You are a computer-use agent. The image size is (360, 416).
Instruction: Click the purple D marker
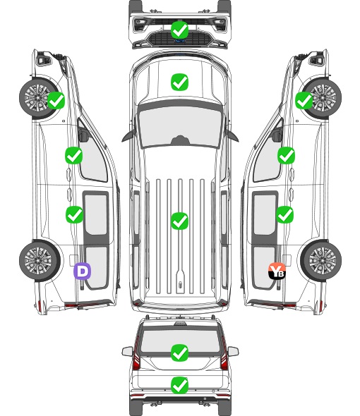pos(83,271)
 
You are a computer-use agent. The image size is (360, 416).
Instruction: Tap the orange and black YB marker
pos(277,271)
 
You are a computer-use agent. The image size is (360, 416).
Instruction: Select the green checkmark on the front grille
pos(179,30)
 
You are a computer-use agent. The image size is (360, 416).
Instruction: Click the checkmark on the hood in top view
pos(179,82)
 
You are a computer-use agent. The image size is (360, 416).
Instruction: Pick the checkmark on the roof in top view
pos(179,221)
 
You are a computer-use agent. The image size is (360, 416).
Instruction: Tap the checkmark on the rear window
pos(179,353)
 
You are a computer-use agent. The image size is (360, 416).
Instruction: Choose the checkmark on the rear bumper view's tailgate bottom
pos(179,385)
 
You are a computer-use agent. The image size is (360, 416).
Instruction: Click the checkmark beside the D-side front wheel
pos(56,100)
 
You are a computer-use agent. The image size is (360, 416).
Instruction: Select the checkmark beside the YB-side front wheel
pos(304,100)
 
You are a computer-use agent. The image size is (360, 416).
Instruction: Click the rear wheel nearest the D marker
pos(40,261)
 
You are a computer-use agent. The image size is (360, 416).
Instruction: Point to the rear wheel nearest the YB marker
pos(321,261)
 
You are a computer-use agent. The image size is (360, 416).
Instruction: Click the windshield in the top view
pos(180,127)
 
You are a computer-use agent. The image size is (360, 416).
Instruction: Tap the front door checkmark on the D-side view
pos(74,155)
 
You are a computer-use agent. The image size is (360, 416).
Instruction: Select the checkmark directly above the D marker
pos(74,214)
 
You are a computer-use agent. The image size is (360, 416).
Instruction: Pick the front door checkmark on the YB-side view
pos(286,155)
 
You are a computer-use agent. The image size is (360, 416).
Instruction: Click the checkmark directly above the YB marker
pos(284,214)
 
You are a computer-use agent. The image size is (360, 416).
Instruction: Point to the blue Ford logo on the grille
pos(180,41)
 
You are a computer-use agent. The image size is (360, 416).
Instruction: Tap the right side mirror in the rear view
pos(233,351)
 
